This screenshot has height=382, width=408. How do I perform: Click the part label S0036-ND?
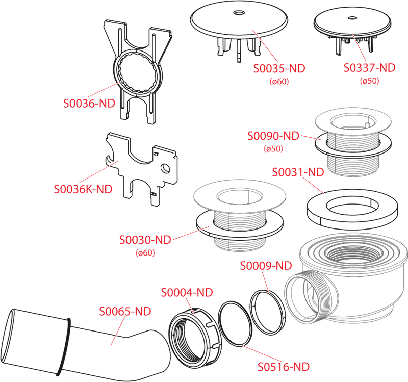tap(89, 104)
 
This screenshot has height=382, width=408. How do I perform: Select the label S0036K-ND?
tap(83, 189)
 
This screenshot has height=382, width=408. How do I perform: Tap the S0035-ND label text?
tap(279, 68)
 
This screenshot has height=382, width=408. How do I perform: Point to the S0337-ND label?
tap(369, 68)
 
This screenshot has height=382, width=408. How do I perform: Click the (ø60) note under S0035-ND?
tap(279, 82)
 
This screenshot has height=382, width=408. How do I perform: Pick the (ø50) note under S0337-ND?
tap(369, 81)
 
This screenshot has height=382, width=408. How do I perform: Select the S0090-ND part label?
tap(273, 136)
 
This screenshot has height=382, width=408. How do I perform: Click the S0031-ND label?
tap(298, 172)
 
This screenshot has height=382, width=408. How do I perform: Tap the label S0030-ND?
tap(145, 240)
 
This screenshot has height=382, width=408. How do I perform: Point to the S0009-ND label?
tap(266, 266)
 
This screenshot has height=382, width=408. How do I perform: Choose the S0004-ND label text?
tap(187, 292)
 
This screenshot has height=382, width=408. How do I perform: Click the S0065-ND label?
tap(125, 311)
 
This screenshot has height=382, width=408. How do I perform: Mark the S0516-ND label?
tap(284, 367)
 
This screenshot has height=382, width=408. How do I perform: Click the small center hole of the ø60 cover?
tap(239, 12)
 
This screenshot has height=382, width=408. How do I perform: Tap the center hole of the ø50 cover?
tap(352, 18)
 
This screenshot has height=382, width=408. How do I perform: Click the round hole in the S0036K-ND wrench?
tap(165, 168)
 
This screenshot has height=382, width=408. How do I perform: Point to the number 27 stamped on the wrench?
tap(156, 154)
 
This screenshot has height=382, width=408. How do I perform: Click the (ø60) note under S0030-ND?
tap(145, 252)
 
